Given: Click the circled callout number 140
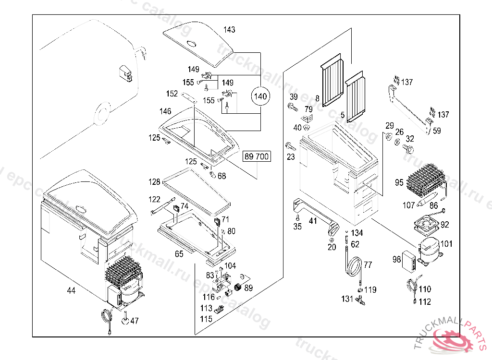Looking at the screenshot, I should (x=260, y=96).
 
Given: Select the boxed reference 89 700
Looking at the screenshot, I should (x=257, y=156).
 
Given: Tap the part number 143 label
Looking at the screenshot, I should (x=229, y=30).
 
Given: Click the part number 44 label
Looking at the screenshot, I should (x=71, y=290).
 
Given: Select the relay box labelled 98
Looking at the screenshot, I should (x=409, y=259).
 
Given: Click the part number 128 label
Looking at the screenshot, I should (x=154, y=182).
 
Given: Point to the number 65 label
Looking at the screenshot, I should (x=179, y=254).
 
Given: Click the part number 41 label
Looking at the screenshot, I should (x=313, y=221).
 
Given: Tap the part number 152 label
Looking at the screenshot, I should (x=172, y=94).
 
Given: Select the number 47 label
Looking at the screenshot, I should (x=134, y=321).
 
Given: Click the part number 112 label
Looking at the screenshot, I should (x=425, y=302).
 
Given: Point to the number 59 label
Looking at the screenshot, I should (x=437, y=130).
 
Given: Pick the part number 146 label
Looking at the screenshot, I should (x=165, y=111).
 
